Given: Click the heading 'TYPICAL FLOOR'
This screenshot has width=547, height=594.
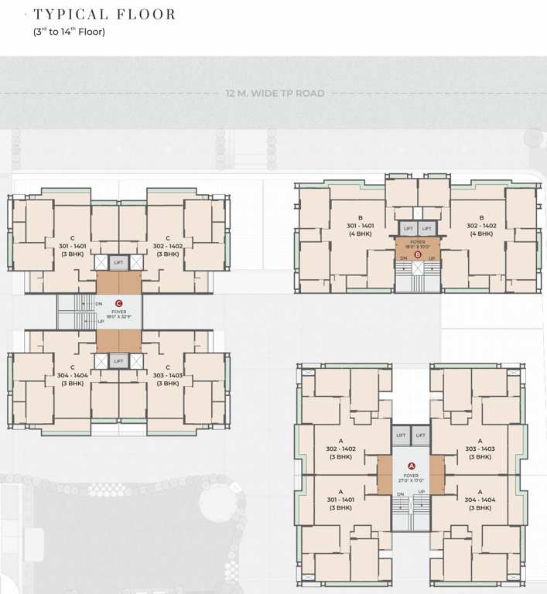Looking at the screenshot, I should (x=104, y=15).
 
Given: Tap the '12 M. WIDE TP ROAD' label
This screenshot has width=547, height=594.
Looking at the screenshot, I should (x=275, y=94).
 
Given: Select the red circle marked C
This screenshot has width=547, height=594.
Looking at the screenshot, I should (x=118, y=304).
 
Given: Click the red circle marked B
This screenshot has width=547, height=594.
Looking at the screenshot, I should (x=418, y=254).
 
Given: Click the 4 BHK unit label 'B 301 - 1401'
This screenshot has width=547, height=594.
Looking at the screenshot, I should (x=361, y=225).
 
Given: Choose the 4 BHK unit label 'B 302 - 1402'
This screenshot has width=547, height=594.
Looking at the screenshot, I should (x=480, y=225).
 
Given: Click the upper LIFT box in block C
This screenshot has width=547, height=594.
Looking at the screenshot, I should (x=118, y=263).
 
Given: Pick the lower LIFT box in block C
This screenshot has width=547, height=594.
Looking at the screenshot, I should (x=118, y=361).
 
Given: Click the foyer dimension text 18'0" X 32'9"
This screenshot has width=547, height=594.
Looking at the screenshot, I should (x=118, y=316).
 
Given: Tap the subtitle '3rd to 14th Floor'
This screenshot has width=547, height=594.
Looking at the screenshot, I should (x=69, y=32).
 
